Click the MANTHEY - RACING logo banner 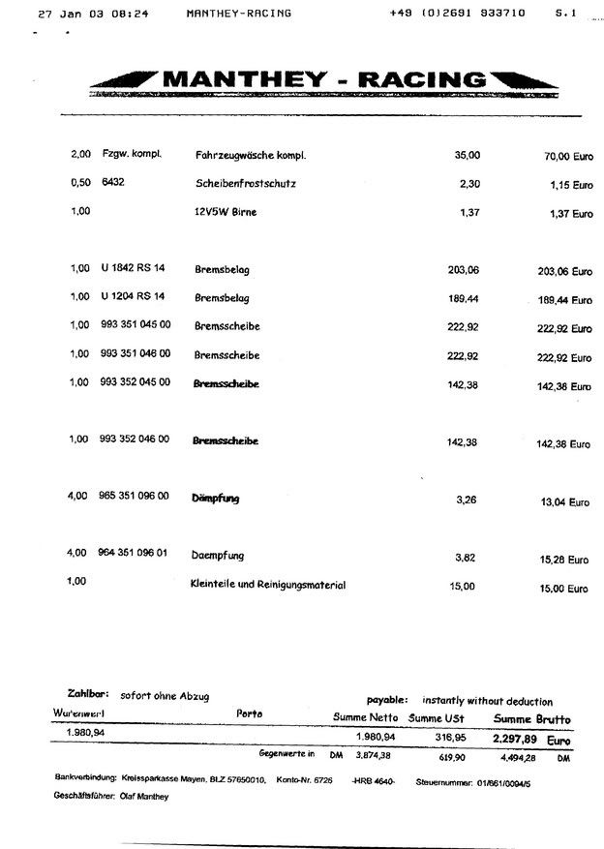(325, 79)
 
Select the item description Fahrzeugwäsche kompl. (248, 155)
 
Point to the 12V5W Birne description (226, 212)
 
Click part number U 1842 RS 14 (133, 269)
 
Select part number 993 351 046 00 (135, 354)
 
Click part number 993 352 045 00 (135, 382)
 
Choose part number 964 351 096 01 (134, 555)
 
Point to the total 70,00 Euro (567, 155)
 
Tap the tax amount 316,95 (446, 738)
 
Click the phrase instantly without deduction (487, 701)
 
